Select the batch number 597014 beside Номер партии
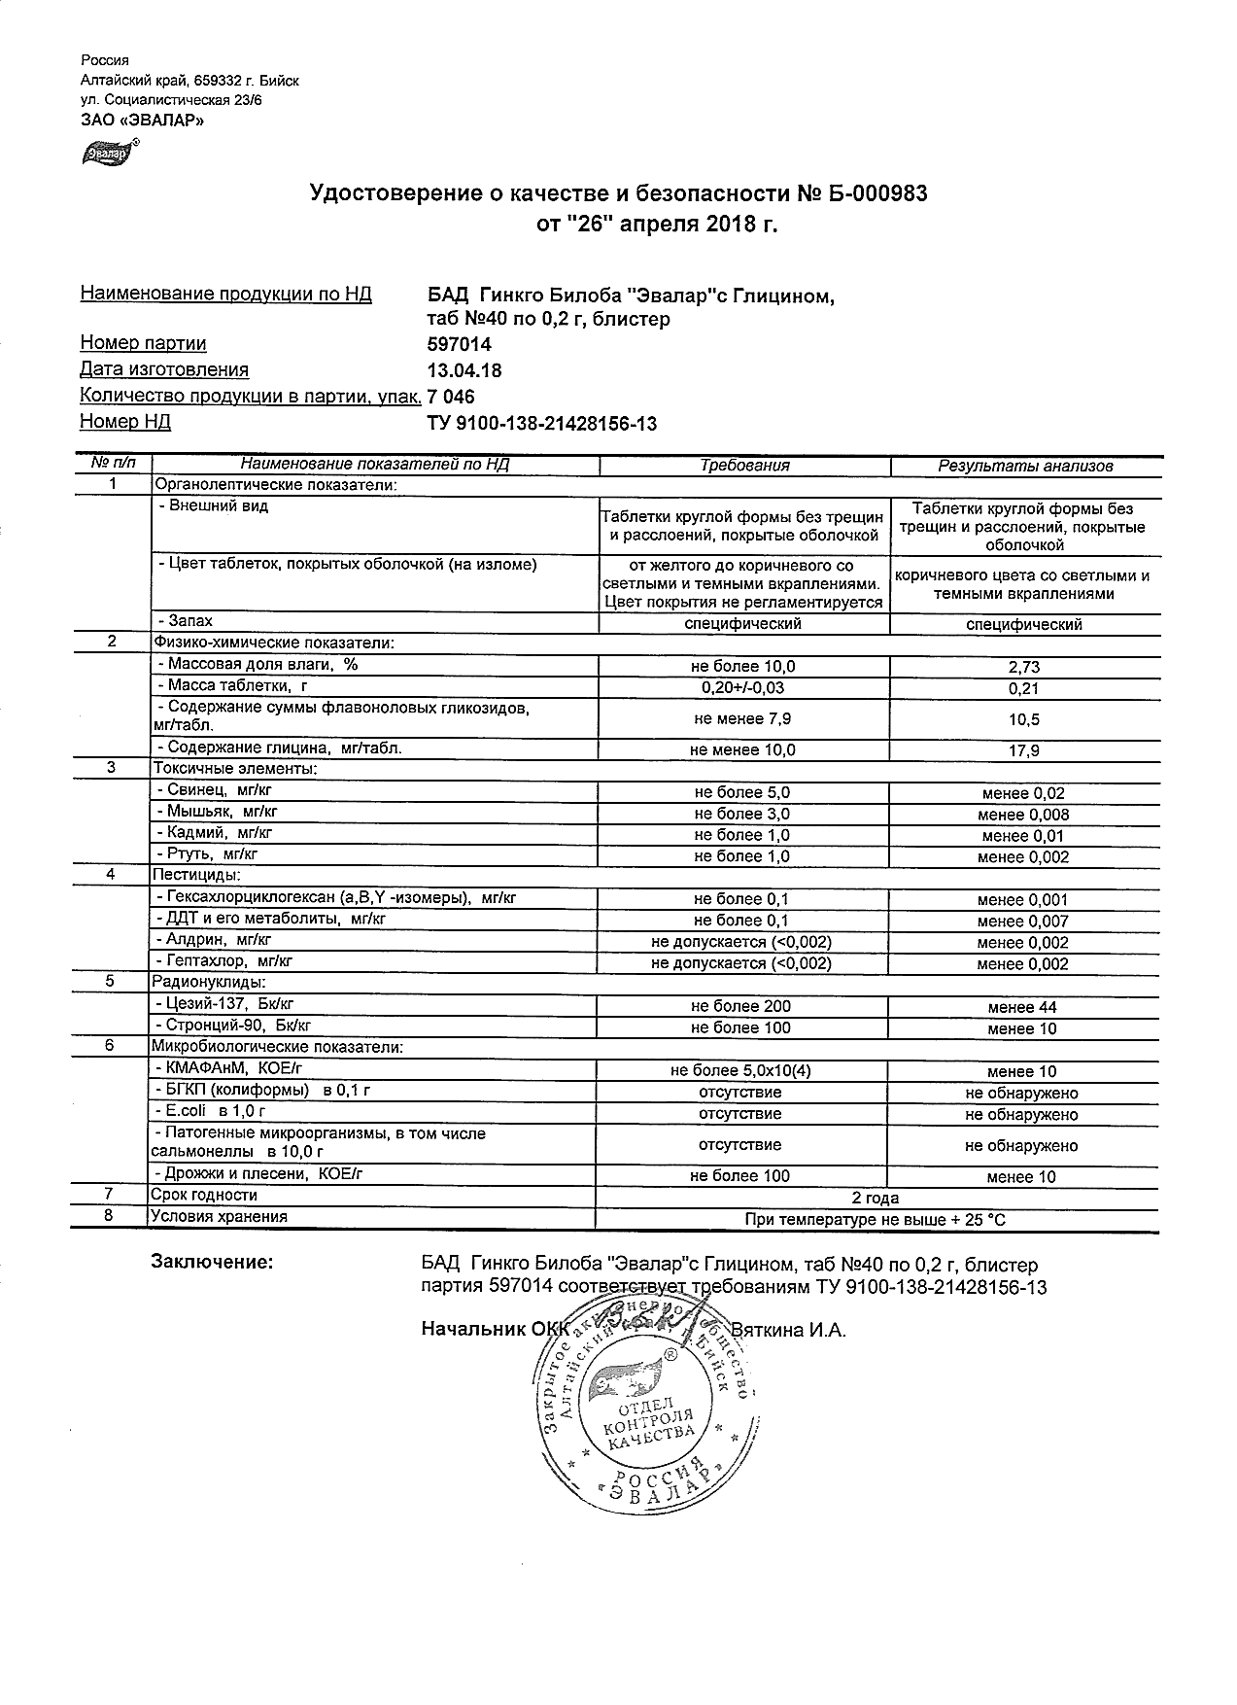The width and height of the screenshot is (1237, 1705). point(459,344)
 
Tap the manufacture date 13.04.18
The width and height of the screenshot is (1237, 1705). point(464,370)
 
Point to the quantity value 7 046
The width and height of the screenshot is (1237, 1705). point(451,397)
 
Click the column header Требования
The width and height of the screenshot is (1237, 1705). point(744,466)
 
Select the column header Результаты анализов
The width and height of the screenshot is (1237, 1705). point(1025,467)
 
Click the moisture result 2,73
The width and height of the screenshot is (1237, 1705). point(1024,668)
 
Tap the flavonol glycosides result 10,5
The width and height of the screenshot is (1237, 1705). point(1024,720)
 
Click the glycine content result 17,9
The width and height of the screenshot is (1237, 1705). point(1024,750)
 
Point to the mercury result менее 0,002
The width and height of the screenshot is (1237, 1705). point(1023,857)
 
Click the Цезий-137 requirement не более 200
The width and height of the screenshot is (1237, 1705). point(740,1007)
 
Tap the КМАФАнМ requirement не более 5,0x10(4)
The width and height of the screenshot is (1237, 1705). point(740,1071)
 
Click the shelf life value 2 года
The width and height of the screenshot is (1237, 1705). point(875,1198)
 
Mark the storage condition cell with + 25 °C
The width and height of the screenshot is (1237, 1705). point(875,1219)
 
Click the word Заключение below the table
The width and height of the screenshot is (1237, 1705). point(212,1263)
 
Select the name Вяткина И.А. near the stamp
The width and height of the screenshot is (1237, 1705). point(788,1330)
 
